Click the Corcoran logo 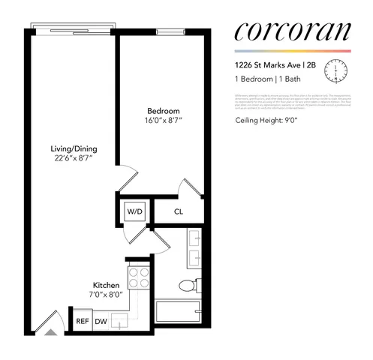(290, 31)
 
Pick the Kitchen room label (105, 285)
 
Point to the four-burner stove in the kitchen (138, 278)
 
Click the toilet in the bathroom (188, 286)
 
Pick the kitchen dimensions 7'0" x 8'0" (105, 295)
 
